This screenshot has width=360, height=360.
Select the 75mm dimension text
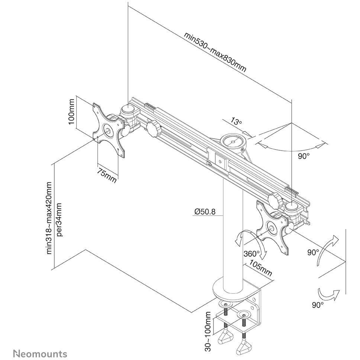point(107,176)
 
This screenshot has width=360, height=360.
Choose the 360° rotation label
point(251,254)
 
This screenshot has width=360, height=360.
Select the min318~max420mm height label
point(49,217)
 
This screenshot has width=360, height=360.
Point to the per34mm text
point(60,219)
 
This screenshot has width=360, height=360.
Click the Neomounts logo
point(40,353)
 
